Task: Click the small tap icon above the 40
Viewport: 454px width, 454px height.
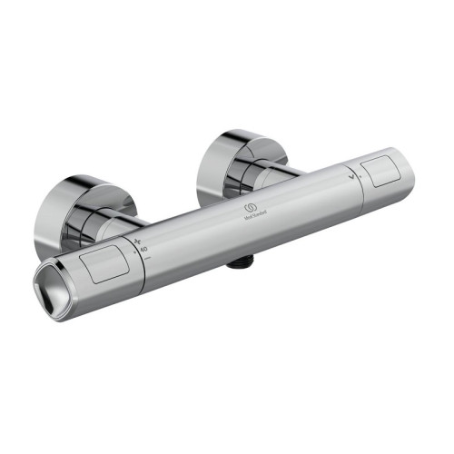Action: click(x=139, y=242)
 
